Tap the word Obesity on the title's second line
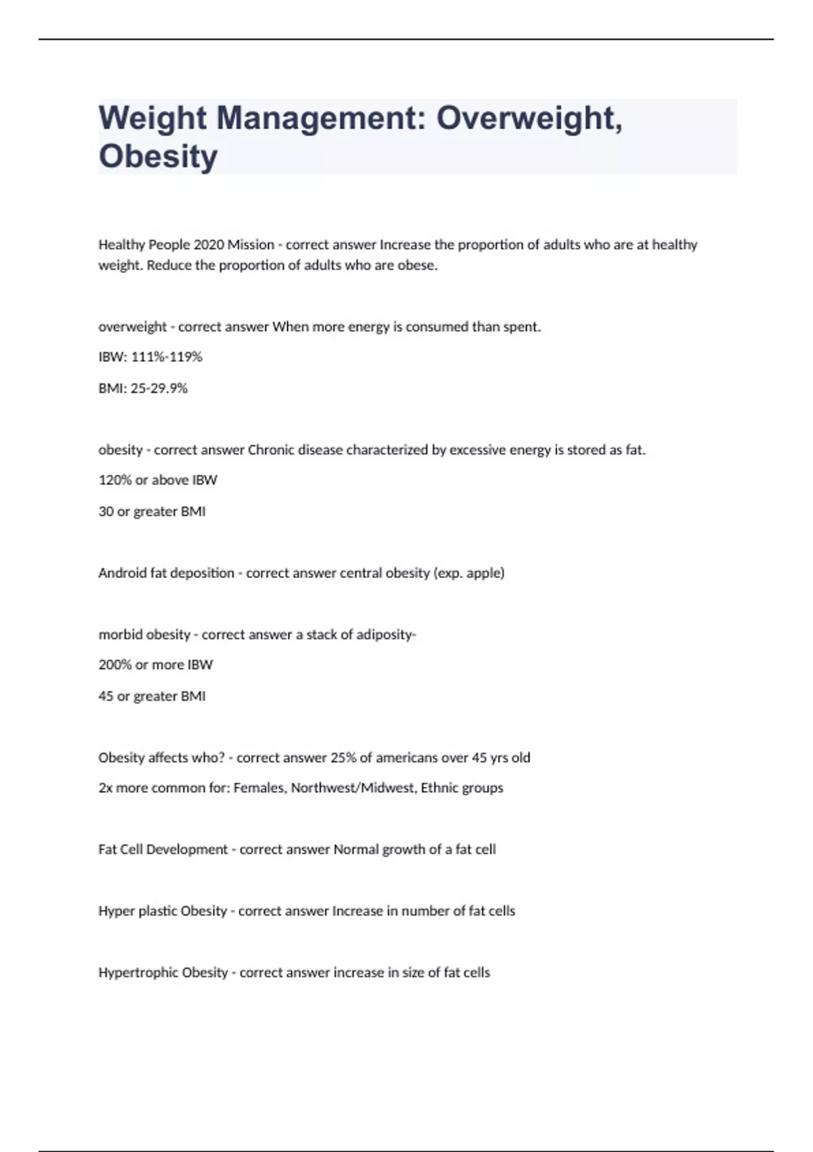tap(158, 157)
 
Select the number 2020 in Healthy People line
tap(208, 245)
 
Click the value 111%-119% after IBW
tap(166, 356)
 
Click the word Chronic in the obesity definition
tap(270, 450)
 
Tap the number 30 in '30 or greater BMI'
tap(106, 512)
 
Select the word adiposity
tap(386, 635)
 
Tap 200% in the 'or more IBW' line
tap(114, 665)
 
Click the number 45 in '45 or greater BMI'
tap(106, 696)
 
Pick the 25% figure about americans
tap(343, 758)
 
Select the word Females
tap(259, 788)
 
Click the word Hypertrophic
tap(139, 972)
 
